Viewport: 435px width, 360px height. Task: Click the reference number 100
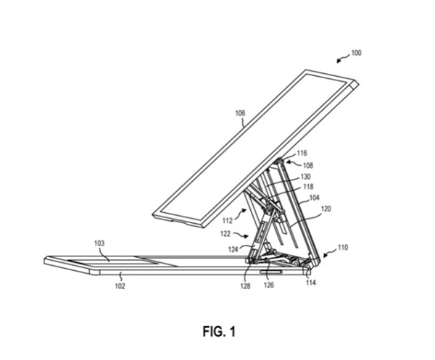[357, 53]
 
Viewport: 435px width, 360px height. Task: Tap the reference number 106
[240, 113]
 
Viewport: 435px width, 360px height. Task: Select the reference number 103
[99, 243]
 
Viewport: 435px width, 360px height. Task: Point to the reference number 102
[120, 285]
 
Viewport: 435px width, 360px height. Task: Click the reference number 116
[302, 153]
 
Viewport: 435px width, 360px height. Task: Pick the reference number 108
[308, 165]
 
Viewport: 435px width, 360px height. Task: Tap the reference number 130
[305, 177]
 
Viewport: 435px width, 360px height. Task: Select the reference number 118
[308, 186]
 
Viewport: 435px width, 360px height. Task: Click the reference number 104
[315, 198]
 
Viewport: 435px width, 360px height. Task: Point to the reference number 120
[326, 209]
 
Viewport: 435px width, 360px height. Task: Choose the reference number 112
[228, 221]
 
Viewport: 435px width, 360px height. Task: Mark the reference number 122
[225, 234]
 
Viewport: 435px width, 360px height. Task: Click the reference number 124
[233, 249]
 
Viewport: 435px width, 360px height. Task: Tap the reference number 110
[343, 247]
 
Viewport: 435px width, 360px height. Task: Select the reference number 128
[246, 286]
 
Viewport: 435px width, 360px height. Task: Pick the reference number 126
[269, 285]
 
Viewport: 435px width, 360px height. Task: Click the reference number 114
[311, 282]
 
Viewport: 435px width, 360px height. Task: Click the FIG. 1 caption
[219, 331]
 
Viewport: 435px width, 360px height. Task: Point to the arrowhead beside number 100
[339, 61]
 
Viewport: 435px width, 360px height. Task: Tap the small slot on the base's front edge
[271, 272]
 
